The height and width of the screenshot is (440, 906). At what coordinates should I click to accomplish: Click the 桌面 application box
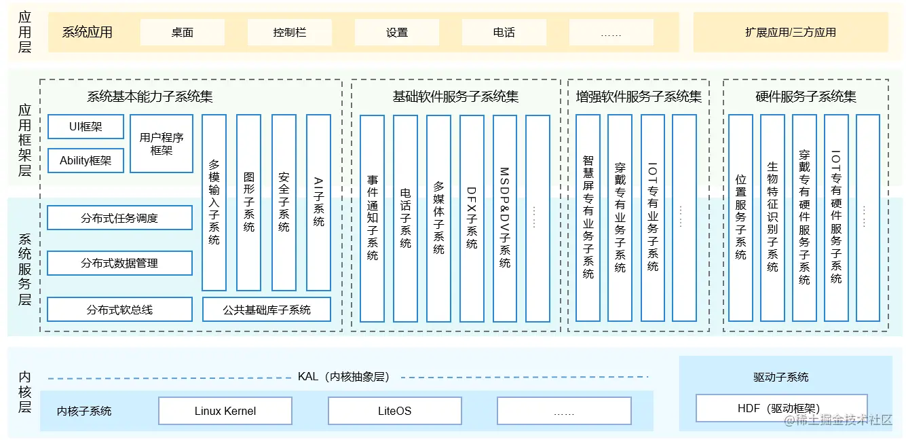pos(182,32)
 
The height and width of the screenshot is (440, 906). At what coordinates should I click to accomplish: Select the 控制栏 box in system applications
pos(289,32)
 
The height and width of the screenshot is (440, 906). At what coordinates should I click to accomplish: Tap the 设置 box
pos(397,32)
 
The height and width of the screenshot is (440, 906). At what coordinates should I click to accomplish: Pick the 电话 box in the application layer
pos(504,32)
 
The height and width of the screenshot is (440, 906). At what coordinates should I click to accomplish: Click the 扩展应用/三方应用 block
pos(790,32)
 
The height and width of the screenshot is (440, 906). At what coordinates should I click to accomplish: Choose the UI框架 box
pos(86,127)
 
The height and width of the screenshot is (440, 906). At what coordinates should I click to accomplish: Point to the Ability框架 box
pos(86,161)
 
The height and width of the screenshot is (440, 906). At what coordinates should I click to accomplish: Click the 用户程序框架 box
pos(162,143)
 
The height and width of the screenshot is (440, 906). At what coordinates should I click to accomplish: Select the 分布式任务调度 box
pos(119,218)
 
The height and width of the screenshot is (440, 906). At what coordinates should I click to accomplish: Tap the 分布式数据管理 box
pos(119,263)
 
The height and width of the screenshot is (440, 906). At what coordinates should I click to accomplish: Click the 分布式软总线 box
pos(119,310)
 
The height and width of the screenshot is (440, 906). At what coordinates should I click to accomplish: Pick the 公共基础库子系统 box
pos(267,310)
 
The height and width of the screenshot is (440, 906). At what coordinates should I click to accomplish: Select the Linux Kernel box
pos(225,411)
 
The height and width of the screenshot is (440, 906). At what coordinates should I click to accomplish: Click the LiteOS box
pos(394,411)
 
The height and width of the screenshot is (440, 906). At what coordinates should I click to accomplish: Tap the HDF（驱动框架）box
pos(781,408)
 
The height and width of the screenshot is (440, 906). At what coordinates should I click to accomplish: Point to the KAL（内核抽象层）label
pos(343,377)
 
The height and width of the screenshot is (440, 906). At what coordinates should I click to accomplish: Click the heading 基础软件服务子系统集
pos(455,96)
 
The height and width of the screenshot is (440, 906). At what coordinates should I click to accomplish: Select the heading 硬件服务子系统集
pos(806,96)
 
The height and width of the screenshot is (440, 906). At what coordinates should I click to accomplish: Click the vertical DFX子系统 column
pos(472,218)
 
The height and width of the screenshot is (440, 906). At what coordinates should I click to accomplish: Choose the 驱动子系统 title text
pos(781,377)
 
